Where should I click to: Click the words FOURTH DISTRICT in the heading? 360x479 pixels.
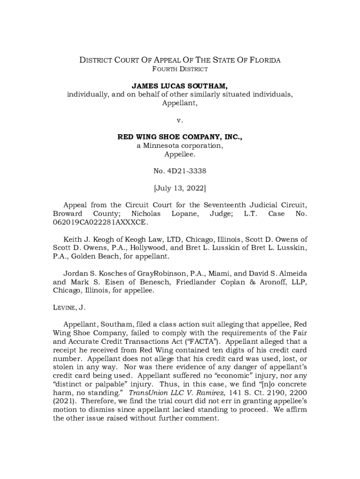pos(180,69)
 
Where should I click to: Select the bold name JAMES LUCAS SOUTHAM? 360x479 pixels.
pos(180,86)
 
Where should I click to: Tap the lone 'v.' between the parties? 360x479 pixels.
pos(180,120)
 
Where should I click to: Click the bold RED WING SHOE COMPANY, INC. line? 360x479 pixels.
pos(180,137)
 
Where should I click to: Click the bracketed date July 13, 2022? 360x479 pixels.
pos(180,188)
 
